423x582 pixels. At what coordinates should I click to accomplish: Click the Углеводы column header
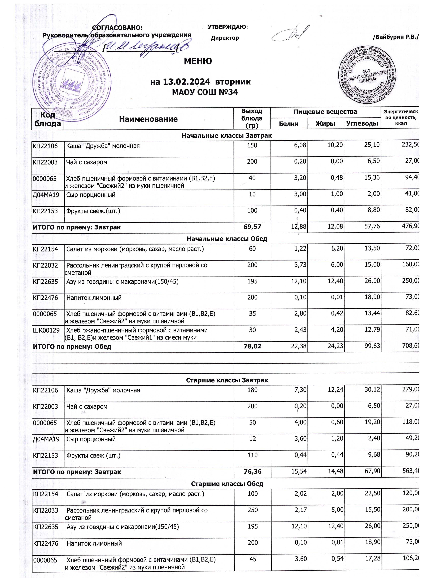[x=362, y=124]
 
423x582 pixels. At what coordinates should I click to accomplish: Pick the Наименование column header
[x=148, y=119]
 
